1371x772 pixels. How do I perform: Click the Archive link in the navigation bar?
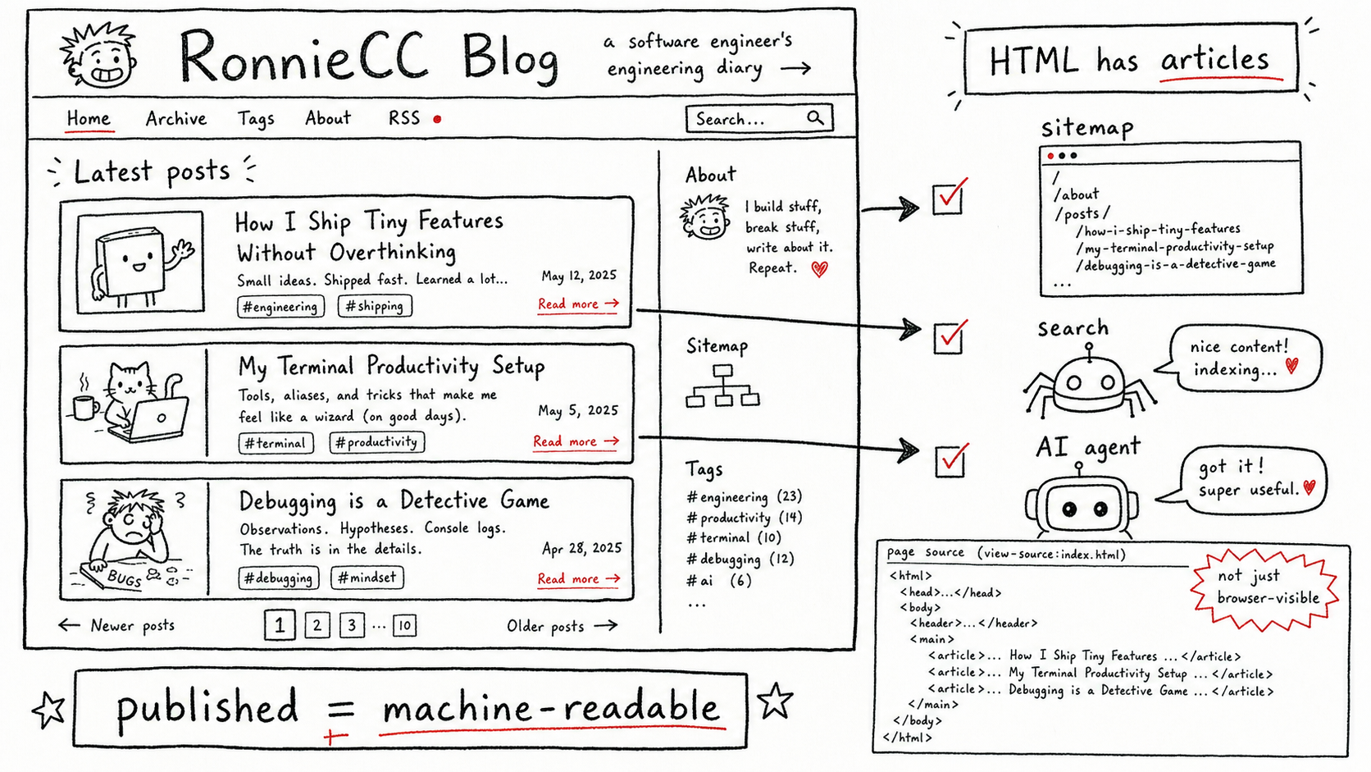click(175, 118)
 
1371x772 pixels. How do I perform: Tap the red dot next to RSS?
click(437, 120)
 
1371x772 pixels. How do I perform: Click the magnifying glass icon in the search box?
click(814, 117)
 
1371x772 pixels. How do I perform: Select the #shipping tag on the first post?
click(375, 306)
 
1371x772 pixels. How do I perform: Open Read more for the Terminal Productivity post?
click(576, 441)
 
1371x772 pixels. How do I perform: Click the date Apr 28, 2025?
click(581, 548)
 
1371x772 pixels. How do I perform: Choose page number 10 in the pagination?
click(404, 625)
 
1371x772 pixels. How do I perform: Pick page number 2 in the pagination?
click(317, 625)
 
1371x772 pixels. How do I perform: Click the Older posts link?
click(562, 626)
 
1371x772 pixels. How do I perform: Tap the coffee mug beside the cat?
click(85, 406)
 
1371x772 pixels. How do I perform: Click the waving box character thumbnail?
click(141, 262)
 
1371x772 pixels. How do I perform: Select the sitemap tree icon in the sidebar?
click(723, 386)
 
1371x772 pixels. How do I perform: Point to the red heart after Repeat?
click(819, 269)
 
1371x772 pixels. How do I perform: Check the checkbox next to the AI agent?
click(950, 462)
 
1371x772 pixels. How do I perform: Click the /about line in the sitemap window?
click(1077, 194)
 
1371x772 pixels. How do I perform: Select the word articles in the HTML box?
click(1215, 60)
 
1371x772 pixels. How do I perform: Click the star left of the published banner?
click(49, 710)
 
